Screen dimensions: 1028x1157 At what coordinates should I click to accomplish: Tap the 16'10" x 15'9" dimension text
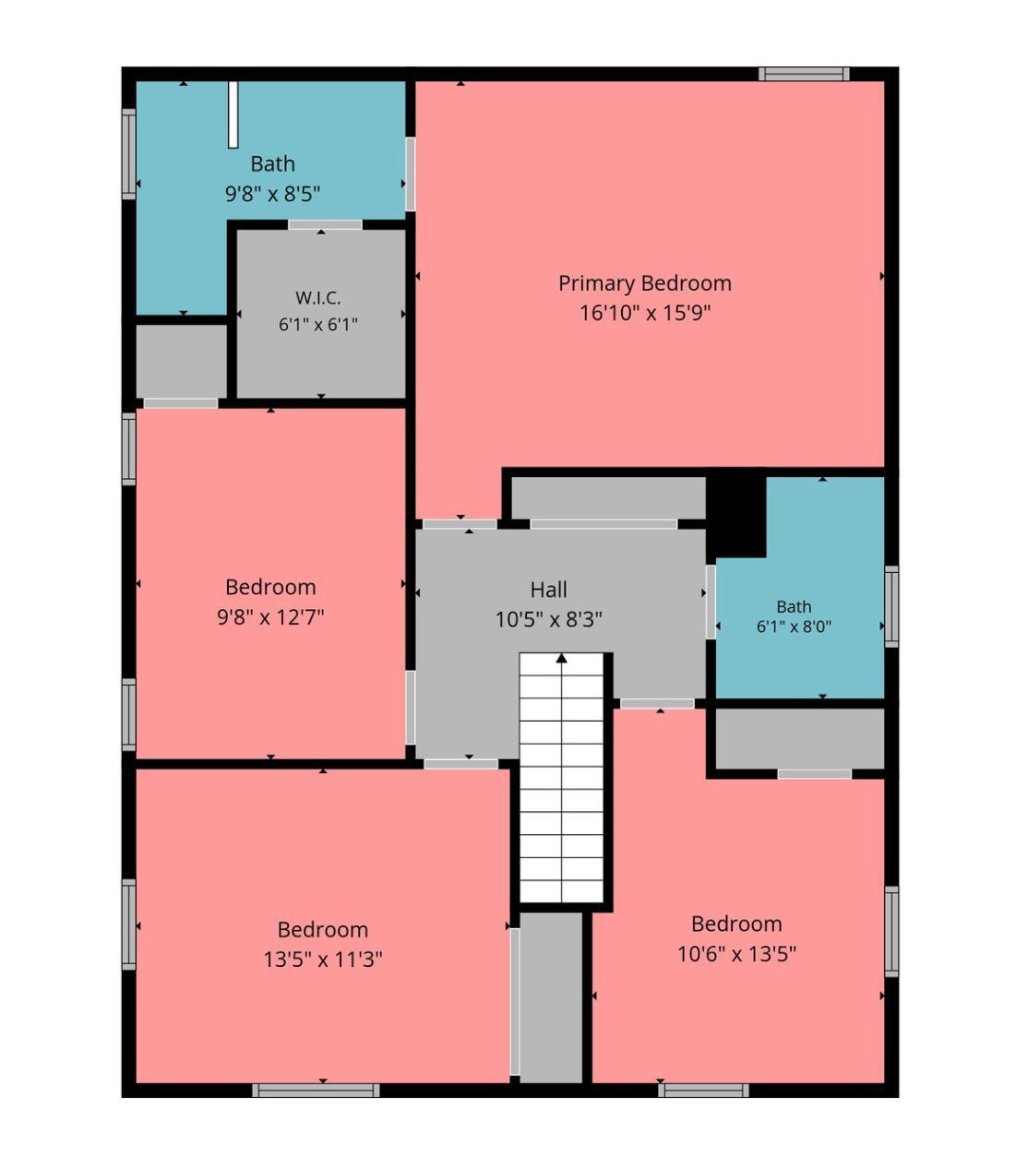point(645,313)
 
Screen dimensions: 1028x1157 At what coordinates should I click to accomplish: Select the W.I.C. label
point(318,297)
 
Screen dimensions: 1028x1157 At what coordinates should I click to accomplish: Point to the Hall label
point(548,590)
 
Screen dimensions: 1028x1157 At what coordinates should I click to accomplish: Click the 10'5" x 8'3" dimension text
point(548,619)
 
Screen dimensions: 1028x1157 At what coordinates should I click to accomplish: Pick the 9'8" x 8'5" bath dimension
point(272,194)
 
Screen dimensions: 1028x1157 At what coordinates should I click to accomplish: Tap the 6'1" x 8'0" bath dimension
point(794,627)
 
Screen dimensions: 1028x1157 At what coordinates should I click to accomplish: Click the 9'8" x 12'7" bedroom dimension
point(270,616)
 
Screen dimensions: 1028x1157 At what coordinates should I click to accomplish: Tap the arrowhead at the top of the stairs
point(561,659)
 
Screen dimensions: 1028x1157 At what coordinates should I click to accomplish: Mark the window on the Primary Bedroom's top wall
point(804,74)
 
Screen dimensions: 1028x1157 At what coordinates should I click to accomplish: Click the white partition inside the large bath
point(233,114)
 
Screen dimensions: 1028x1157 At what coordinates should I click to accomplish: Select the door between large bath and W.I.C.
point(325,224)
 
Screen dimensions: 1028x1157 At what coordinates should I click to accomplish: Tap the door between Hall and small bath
point(711,602)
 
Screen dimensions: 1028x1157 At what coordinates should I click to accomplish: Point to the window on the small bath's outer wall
point(891,606)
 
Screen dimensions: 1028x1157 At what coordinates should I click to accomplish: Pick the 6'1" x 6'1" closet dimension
point(318,325)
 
